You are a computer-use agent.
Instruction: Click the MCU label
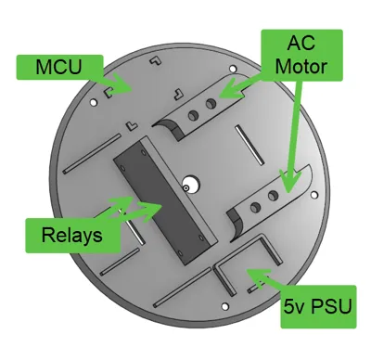pyautogui.click(x=59, y=67)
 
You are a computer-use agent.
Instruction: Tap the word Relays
pyautogui.click(x=71, y=235)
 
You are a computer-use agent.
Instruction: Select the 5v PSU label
pyautogui.click(x=318, y=306)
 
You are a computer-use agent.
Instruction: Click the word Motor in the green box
pyautogui.click(x=301, y=67)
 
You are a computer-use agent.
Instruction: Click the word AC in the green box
pyautogui.click(x=301, y=43)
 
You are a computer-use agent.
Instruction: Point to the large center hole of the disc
pyautogui.click(x=191, y=184)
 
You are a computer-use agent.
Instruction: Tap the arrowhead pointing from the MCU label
pyautogui.click(x=122, y=84)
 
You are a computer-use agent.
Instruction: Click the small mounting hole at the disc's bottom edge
pyautogui.click(x=224, y=306)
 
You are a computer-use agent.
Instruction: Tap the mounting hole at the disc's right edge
pyautogui.click(x=314, y=195)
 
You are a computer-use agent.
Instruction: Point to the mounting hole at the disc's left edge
pyautogui.click(x=93, y=102)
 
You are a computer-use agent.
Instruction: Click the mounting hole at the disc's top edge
pyautogui.click(x=232, y=69)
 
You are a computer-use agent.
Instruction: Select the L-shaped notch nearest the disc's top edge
pyautogui.click(x=156, y=60)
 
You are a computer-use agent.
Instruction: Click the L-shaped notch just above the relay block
pyautogui.click(x=132, y=125)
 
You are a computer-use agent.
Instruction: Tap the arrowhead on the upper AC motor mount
pyautogui.click(x=230, y=90)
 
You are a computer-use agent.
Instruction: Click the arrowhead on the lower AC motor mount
pyautogui.click(x=290, y=182)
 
